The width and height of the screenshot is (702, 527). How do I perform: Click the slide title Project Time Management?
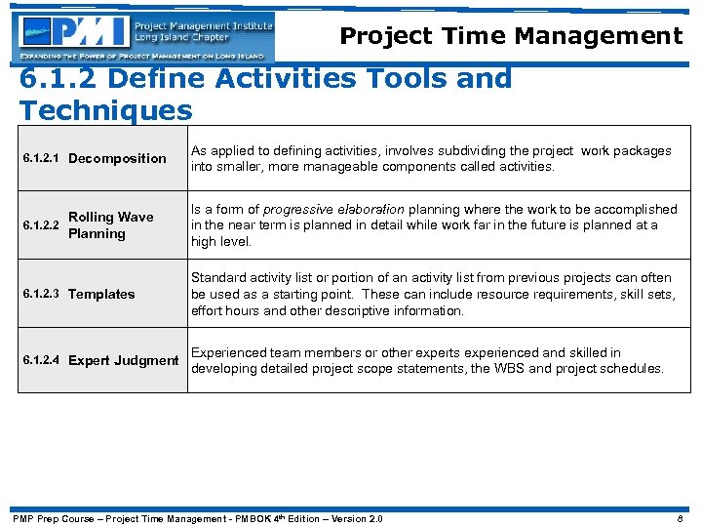510,36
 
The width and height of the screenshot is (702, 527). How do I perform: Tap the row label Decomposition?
117,158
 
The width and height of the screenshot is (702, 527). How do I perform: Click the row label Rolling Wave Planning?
110,225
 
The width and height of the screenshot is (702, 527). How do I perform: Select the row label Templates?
101,294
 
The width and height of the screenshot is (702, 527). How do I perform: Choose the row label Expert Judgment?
124,360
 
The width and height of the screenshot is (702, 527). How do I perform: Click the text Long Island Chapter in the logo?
182,38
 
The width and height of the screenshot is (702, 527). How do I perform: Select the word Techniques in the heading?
105,109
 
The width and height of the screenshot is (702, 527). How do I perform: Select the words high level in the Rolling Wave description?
221,241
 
